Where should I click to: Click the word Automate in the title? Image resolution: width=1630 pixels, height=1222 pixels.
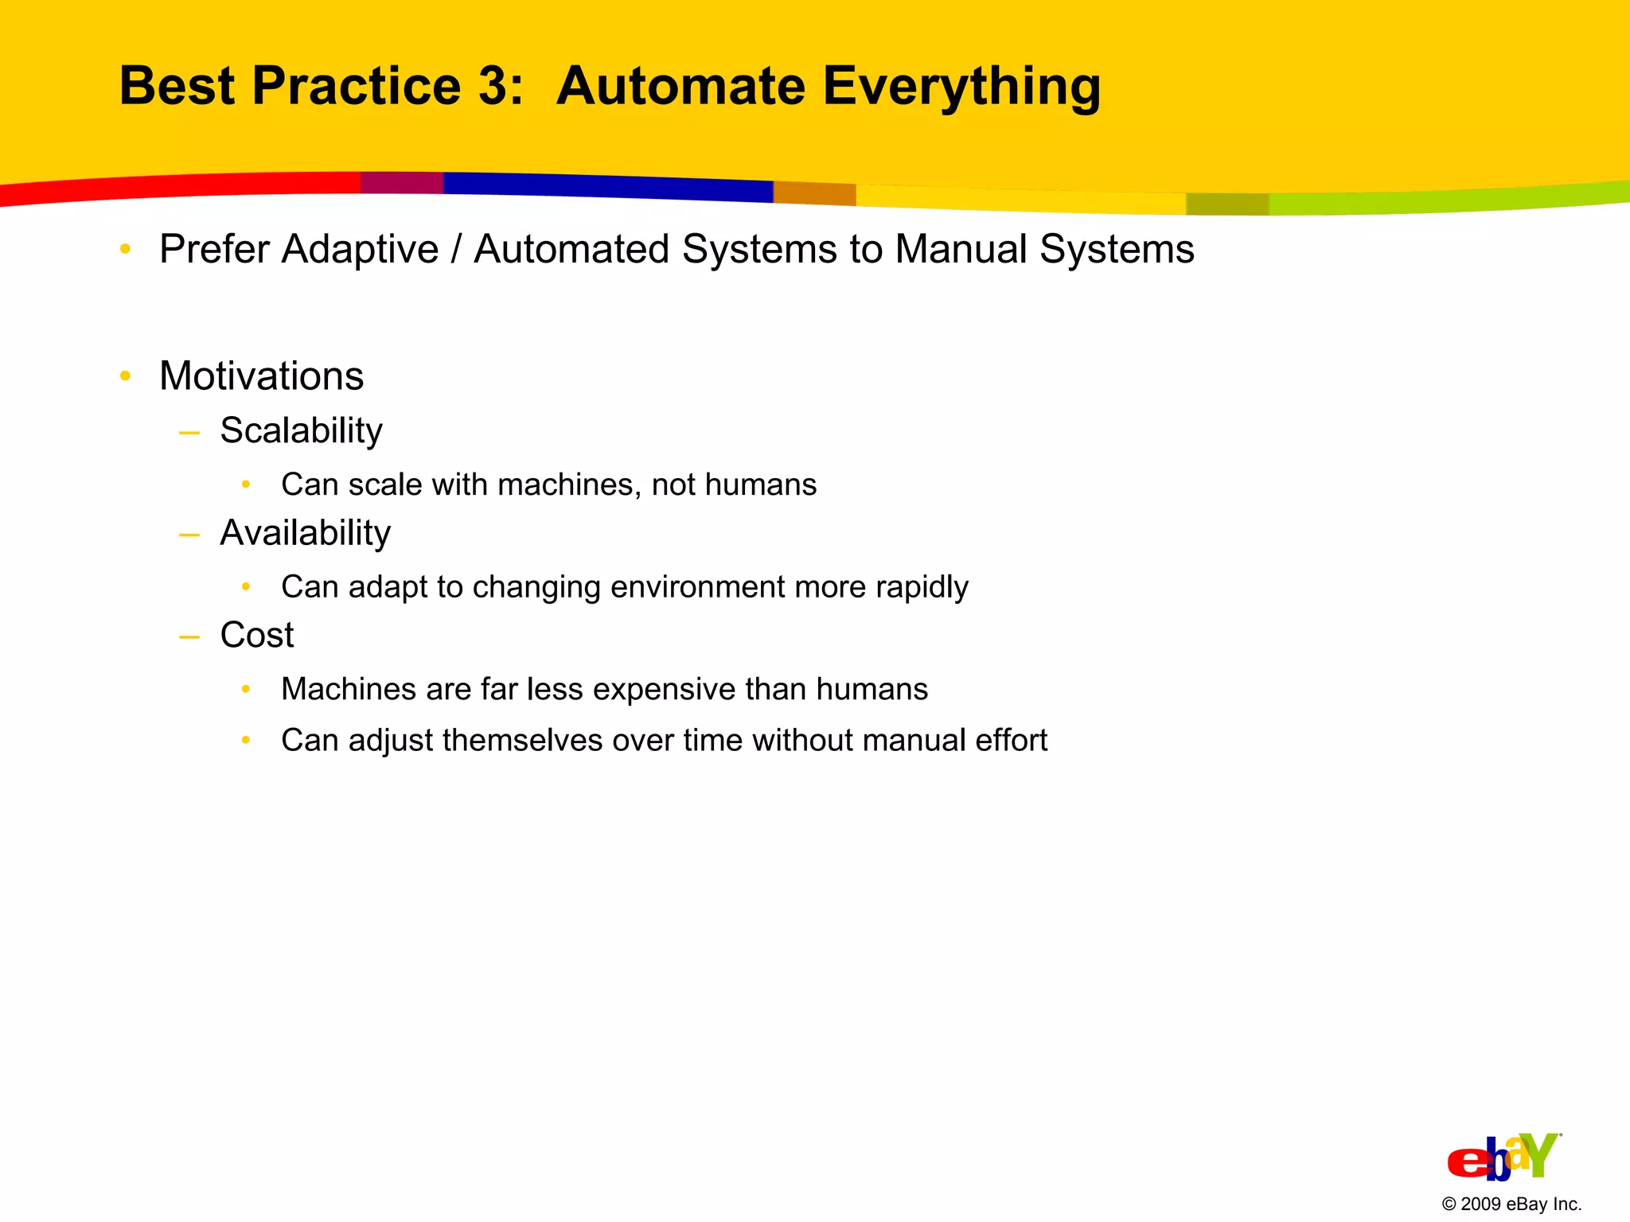click(x=680, y=86)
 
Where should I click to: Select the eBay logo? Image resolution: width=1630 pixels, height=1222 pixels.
click(x=1503, y=1157)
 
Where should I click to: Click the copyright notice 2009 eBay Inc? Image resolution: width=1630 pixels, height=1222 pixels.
click(x=1511, y=1204)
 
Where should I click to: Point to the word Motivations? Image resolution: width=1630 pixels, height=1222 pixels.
click(x=261, y=376)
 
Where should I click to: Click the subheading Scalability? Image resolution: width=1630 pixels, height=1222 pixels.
click(x=301, y=431)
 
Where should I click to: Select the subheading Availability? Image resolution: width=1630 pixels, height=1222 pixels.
click(x=305, y=533)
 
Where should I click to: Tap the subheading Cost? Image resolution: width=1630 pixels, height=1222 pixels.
click(x=256, y=636)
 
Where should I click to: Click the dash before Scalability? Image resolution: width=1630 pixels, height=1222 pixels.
click(x=189, y=433)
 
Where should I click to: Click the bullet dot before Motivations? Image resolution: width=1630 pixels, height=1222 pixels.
click(x=125, y=376)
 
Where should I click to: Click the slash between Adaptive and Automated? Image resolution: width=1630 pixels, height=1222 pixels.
click(x=456, y=250)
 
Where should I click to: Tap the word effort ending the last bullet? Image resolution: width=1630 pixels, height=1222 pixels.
click(x=1011, y=741)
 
